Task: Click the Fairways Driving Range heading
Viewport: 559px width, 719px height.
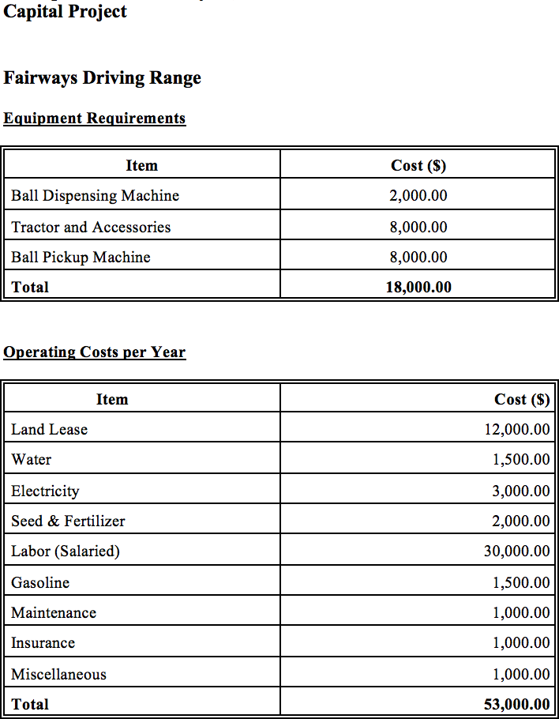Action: point(102,78)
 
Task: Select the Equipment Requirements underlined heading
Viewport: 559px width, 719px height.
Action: point(94,119)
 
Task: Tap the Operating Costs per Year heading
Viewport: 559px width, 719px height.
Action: point(94,352)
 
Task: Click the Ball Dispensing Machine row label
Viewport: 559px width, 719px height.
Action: point(95,196)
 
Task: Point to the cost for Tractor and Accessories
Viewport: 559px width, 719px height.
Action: point(418,228)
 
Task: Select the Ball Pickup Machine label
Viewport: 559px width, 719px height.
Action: point(81,258)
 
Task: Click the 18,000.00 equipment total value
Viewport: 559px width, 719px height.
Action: point(418,288)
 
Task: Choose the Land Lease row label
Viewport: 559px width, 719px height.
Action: point(49,430)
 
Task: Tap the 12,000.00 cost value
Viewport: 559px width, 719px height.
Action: point(516,430)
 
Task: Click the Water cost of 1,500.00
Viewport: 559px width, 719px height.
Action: point(520,460)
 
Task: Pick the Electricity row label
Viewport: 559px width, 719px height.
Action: point(45,491)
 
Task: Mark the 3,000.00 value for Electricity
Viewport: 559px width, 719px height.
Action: point(520,491)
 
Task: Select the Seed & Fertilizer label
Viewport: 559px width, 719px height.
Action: point(68,521)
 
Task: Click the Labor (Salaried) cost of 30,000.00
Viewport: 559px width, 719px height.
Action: point(516,551)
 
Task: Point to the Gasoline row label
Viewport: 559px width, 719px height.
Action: point(40,583)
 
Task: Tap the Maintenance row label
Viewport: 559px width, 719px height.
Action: point(54,613)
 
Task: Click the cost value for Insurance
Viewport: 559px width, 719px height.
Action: point(520,643)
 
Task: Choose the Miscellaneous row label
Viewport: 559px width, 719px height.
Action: point(58,675)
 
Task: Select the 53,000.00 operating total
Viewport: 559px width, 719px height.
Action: point(516,705)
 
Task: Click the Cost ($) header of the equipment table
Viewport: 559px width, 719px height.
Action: point(418,166)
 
